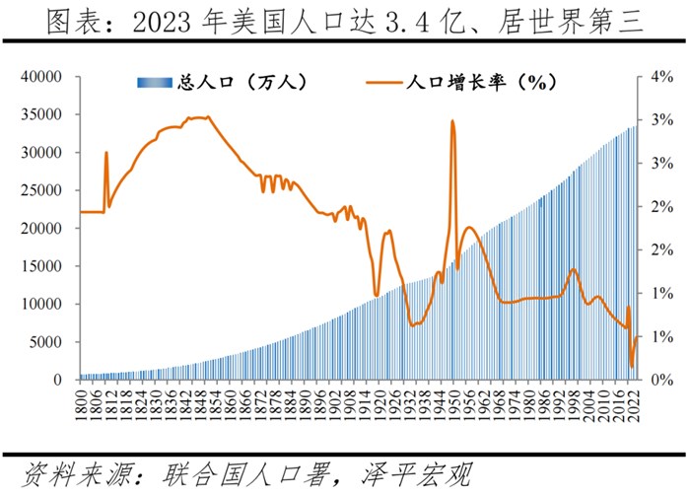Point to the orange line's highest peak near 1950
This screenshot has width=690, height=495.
(x=452, y=121)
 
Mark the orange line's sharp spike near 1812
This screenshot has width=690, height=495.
(x=105, y=153)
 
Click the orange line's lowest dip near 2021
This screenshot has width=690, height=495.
(x=632, y=367)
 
